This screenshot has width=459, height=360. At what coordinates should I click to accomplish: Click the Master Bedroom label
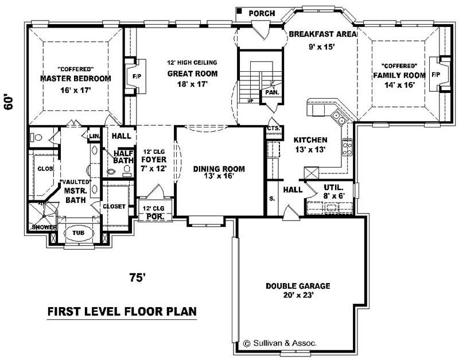point(75,78)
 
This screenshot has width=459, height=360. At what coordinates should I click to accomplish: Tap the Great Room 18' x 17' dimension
point(192,84)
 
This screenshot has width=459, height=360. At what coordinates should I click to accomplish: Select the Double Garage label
point(297,285)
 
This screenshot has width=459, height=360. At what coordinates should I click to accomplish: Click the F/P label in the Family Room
point(435,75)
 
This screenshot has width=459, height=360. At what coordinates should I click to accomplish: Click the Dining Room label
point(219,169)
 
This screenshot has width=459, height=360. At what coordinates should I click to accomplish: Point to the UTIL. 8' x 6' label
point(333,191)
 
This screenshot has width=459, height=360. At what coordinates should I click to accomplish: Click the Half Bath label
point(124,157)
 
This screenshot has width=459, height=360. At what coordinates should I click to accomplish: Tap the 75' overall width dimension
point(137,278)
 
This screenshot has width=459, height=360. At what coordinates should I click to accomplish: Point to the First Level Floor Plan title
point(122,312)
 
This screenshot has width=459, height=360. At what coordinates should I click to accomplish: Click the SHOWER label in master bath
point(44,227)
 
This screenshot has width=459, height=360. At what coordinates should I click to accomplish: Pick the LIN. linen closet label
point(95,136)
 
